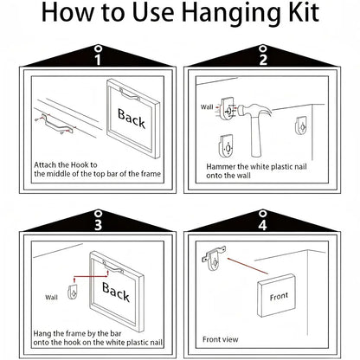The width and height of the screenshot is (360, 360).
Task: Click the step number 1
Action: [98, 60]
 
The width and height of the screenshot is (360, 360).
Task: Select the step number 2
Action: [263, 60]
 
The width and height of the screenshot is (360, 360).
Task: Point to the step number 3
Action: [98, 225]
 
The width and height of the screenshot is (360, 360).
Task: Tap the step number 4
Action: [262, 225]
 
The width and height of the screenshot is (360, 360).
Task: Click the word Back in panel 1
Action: [132, 118]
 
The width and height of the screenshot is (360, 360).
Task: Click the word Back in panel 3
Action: [116, 292]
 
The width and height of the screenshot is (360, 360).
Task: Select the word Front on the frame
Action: [279, 296]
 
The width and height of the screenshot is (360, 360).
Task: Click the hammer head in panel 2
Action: [254, 111]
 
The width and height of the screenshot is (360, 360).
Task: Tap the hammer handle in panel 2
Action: [255, 137]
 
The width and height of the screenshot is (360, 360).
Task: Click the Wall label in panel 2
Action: [207, 107]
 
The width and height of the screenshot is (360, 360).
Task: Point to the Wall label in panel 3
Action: [51, 298]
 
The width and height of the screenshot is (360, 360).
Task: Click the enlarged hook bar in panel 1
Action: [57, 125]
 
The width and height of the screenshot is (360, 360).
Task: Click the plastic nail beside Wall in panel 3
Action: [73, 292]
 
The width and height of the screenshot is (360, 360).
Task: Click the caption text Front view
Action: [220, 339]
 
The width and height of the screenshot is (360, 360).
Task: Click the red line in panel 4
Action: [247, 266]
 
